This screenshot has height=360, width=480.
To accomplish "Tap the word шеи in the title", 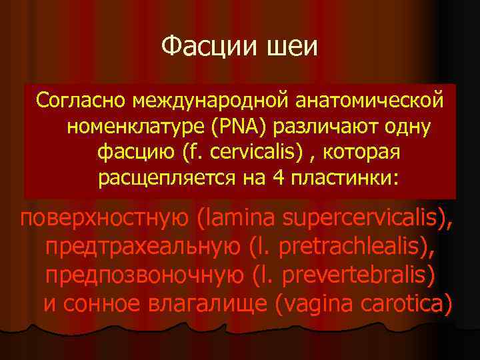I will pyautogui.click(x=293, y=47).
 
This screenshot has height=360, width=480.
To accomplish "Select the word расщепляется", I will pyautogui.click(x=164, y=179).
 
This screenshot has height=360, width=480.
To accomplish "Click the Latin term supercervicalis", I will pyautogui.click(x=363, y=218).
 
